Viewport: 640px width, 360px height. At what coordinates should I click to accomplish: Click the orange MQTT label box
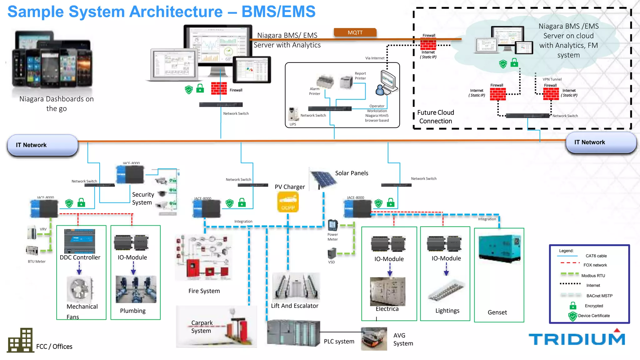(355, 32)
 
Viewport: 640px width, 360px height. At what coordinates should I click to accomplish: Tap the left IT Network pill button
(42, 145)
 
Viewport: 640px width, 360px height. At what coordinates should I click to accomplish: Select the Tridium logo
(577, 338)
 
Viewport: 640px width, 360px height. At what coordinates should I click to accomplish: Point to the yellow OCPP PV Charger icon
(288, 202)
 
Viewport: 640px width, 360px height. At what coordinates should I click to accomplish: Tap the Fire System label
(204, 291)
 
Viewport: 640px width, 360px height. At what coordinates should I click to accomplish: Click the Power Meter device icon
(333, 225)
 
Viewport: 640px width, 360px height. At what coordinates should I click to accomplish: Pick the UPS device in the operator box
(293, 114)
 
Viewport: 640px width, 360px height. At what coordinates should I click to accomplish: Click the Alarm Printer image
(325, 82)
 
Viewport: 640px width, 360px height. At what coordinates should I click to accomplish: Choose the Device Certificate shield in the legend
(572, 316)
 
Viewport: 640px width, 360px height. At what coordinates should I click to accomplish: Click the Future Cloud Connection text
(436, 117)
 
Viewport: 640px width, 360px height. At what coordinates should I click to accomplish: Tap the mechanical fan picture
(80, 289)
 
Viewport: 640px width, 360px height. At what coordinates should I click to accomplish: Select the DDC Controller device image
(80, 241)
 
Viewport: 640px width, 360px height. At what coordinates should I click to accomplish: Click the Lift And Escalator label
(294, 306)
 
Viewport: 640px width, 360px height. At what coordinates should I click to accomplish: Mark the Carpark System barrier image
(237, 330)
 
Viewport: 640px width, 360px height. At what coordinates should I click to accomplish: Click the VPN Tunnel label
(552, 79)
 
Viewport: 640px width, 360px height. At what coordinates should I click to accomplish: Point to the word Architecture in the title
(176, 12)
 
